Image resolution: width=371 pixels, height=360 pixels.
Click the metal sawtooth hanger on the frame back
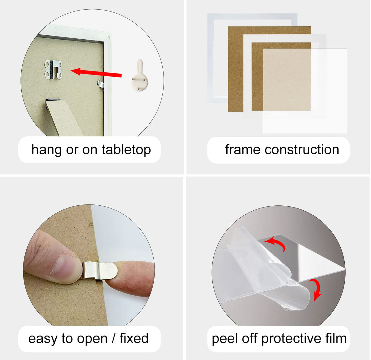click(53, 70)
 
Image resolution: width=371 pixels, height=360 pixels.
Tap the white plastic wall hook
click(139, 75)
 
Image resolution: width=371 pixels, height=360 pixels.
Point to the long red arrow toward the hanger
click(96, 73)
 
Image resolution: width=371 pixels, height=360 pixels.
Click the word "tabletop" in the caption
click(126, 150)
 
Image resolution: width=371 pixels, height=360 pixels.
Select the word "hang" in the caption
click(46, 150)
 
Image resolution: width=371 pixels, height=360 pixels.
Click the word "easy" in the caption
click(43, 339)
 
